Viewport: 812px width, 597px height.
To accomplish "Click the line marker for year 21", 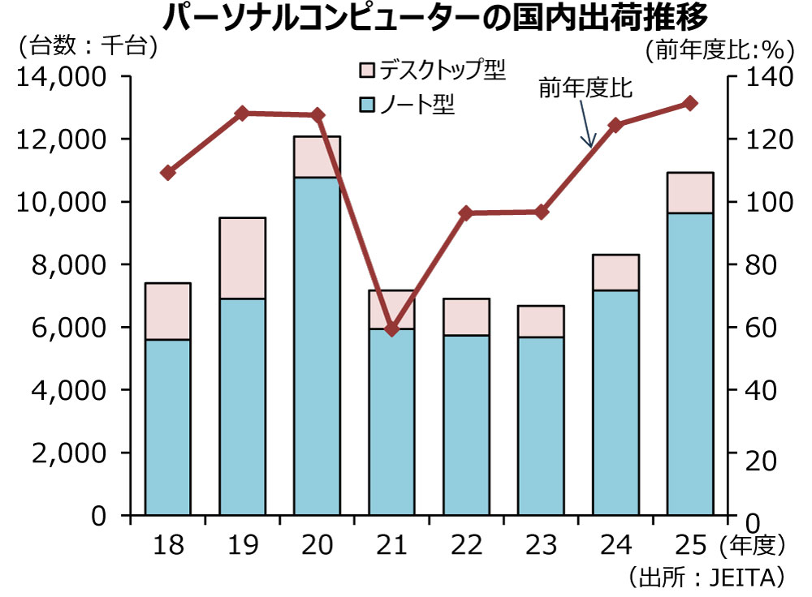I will point(391,329).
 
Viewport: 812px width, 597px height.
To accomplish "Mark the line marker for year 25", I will point(689,103).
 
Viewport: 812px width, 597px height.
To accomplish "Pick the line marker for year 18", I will point(168,173).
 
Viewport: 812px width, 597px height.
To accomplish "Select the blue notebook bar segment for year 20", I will point(317,345).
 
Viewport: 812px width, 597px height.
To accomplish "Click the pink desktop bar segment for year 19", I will point(242,258).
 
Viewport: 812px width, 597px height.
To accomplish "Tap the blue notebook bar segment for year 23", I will point(540,425).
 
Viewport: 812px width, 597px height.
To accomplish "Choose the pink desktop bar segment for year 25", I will point(689,193).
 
